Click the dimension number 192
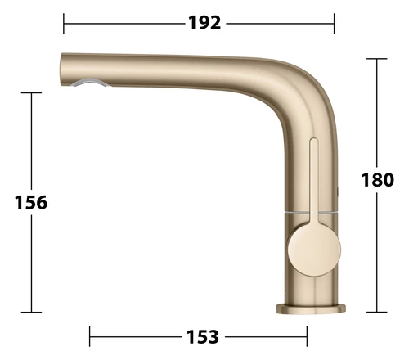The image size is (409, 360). [204, 23]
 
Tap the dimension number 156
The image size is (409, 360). [31, 202]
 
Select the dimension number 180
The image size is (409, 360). [378, 180]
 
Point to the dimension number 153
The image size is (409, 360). [203, 336]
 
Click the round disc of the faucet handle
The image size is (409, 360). [314, 250]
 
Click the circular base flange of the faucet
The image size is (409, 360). [311, 308]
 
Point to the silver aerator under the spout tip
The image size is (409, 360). [88, 83]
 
